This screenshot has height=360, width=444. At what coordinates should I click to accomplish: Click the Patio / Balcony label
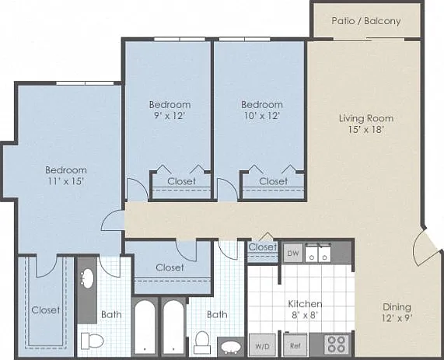[365, 21]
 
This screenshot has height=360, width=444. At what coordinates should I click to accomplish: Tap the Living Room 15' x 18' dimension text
[366, 129]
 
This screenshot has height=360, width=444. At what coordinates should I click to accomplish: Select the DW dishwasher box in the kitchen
[293, 253]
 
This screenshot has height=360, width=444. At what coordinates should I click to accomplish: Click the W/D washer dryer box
[262, 345]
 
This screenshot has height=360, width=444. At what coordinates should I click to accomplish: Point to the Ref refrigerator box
[295, 345]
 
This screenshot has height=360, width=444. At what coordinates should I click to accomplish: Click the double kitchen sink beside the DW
[318, 253]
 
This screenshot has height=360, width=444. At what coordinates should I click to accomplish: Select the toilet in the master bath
[93, 341]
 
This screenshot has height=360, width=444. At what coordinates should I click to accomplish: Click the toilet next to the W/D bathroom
[202, 342]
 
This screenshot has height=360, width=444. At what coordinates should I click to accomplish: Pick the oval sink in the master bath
[88, 278]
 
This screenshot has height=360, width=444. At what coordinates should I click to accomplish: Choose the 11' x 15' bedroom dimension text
[65, 181]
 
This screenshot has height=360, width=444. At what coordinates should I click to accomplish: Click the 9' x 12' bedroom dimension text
[170, 116]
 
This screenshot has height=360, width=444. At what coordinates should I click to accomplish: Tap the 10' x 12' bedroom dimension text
[262, 116]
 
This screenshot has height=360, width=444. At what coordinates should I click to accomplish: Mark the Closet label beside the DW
[263, 247]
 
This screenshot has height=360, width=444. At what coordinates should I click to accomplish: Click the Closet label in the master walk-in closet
[46, 310]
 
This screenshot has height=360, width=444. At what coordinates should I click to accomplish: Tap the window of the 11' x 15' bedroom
[85, 83]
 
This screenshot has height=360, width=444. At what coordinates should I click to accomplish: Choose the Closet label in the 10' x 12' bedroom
[273, 181]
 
